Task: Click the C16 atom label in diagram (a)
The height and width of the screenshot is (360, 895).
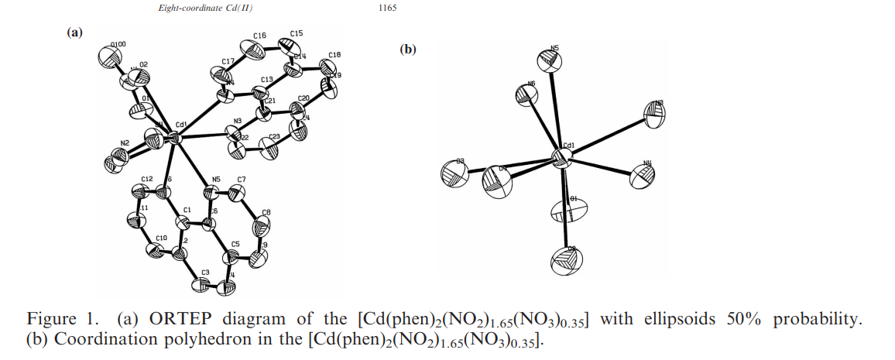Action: coord(259,36)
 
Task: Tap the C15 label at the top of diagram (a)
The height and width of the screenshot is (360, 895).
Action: coord(296,34)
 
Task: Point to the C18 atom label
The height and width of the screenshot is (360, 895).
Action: coord(334,55)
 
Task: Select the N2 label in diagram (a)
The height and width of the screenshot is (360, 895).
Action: coord(125,144)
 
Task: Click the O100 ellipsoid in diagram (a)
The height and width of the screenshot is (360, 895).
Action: coord(108,58)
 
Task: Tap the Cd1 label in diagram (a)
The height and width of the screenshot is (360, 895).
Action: coord(182,125)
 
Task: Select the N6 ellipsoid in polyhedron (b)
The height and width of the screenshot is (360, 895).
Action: coord(527,94)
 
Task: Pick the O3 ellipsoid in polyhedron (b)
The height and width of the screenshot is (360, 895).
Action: coord(455,173)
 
